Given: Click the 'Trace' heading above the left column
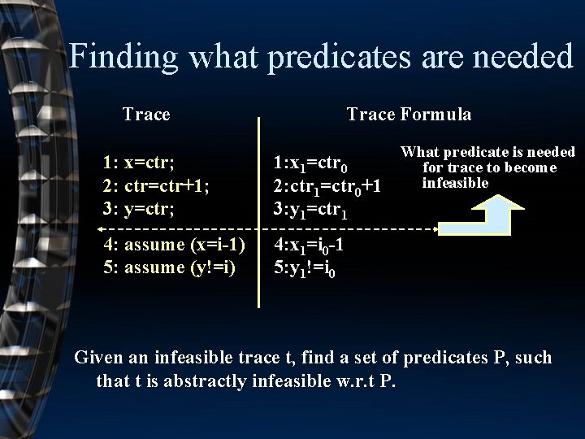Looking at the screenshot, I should click(146, 114).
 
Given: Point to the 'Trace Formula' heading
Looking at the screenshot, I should click(409, 115).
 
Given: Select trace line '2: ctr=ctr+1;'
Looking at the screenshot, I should click(156, 185).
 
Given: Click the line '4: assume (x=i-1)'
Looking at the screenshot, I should click(175, 245).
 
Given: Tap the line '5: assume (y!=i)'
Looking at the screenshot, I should click(170, 267).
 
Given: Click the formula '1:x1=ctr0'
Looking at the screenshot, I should click(312, 165).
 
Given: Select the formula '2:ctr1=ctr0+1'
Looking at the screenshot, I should click(327, 188).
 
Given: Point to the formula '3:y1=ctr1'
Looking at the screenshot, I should click(312, 211).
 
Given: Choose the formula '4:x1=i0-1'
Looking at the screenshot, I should click(311, 246).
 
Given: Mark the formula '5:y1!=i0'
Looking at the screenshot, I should click(305, 269).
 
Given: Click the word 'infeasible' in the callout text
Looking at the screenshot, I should click(455, 183).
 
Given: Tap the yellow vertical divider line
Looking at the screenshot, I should click(259, 211).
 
